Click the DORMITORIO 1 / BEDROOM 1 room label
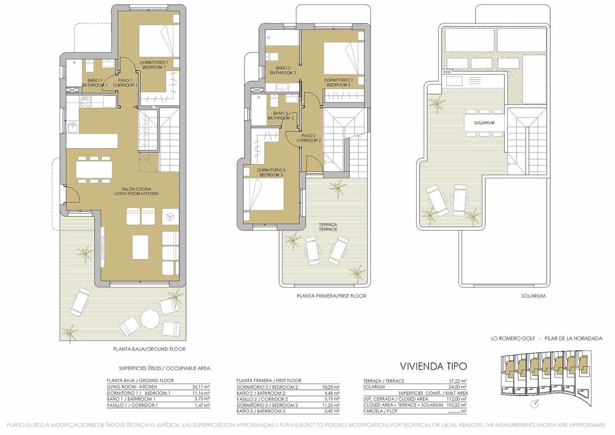click(153, 65)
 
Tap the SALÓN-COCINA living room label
click(136, 192)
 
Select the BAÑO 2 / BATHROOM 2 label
click(283, 71)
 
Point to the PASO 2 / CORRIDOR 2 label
click(308, 138)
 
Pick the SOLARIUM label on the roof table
click(484, 123)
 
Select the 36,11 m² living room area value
click(201, 387)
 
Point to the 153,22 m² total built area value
click(457, 405)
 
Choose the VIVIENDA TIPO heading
click(433, 367)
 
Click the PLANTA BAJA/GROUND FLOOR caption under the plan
click(149, 349)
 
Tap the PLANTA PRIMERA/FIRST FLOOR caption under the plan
click(331, 296)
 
